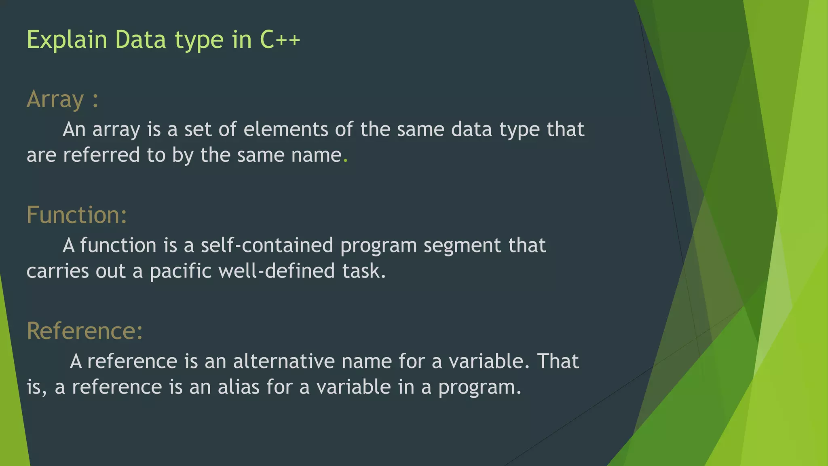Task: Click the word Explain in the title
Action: tap(67, 40)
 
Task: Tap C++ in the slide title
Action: tap(280, 40)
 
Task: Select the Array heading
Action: tap(55, 100)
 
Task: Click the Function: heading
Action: tap(77, 215)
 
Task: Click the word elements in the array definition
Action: tap(286, 129)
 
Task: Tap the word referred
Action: tap(101, 155)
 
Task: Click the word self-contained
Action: tap(267, 246)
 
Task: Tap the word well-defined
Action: tap(277, 271)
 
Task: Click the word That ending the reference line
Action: tap(558, 361)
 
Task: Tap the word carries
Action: tap(57, 271)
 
